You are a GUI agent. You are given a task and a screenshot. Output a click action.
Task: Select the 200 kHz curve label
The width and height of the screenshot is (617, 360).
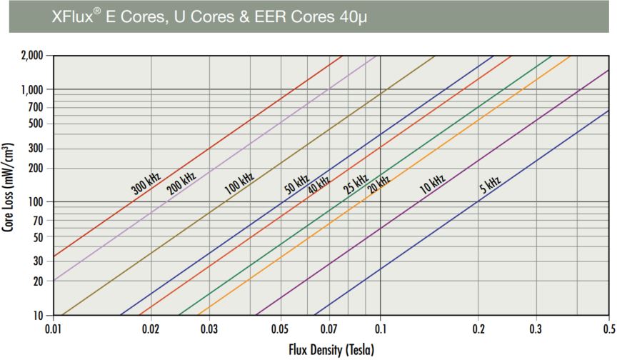point(181,181)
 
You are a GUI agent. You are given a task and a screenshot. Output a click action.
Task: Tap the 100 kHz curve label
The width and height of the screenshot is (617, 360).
point(240,183)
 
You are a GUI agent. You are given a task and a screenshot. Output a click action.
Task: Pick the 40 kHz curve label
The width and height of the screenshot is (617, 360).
point(318,184)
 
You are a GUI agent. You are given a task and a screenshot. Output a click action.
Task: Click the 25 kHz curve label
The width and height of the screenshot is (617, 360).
point(355,184)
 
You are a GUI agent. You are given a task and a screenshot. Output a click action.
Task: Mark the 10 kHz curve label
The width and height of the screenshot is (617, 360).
point(432,184)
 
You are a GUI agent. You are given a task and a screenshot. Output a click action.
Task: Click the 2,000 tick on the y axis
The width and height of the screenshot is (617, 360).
point(31,55)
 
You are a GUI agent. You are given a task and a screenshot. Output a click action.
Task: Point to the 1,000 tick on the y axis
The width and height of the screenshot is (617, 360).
point(31,89)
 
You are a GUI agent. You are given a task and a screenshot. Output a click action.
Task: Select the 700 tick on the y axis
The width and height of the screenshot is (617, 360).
point(35,107)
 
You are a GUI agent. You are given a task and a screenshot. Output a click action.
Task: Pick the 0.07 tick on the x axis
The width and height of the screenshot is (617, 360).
point(329,330)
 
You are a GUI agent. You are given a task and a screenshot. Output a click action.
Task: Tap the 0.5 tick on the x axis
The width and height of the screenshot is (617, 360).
point(608,330)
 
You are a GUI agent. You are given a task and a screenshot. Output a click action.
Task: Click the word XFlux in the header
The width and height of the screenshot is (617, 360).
point(74,16)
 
